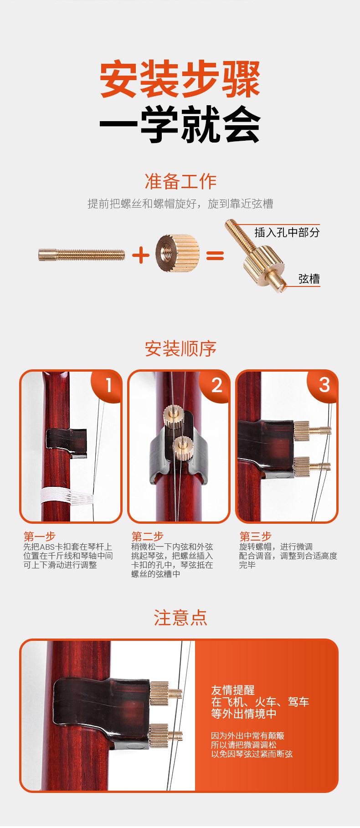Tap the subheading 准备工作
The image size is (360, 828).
coord(180,181)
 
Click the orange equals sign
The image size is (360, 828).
coord(215,255)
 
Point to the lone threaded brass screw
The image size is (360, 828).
coord(82,254)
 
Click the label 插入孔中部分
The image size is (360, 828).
coord(287,232)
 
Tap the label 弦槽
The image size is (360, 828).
coord(309,279)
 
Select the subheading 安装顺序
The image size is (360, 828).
coord(180,349)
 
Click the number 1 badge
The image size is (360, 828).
coord(108,385)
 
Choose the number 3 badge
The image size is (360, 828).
coord(324,385)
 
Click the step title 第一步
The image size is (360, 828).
coord(39,536)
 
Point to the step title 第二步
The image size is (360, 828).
coord(147,536)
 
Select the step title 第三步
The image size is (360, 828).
coord(255,536)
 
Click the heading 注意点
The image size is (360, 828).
coord(180,618)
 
